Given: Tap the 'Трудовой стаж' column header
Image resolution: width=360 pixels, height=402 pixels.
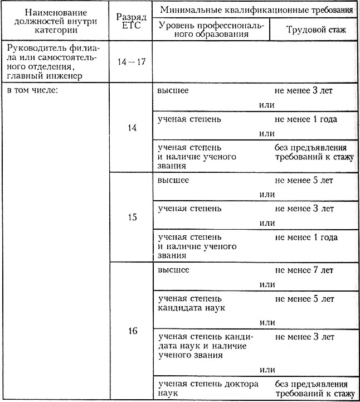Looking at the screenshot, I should [313, 31].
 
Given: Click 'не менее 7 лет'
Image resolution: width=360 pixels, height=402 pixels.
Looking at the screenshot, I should [304, 270].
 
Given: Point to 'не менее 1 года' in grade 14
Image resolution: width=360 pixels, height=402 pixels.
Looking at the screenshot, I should [305, 119].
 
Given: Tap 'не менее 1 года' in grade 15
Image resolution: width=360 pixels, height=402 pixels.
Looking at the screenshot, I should [305, 238].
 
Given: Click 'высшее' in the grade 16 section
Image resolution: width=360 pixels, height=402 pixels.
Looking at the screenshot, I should [173, 270].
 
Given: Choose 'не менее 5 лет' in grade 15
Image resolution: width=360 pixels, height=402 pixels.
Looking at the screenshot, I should [304, 180].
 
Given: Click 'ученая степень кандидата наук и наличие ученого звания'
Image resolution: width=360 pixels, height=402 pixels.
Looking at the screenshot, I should [206, 346].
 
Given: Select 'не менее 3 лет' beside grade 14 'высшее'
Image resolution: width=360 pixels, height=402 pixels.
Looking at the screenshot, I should [304, 90].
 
